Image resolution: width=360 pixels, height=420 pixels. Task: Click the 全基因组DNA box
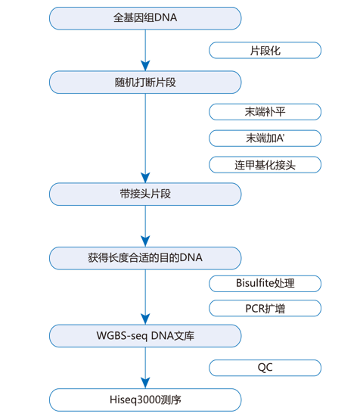pos(145,18)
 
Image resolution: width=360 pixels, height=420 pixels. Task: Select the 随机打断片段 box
pos(145,82)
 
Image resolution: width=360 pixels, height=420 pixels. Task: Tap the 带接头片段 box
pos(145,194)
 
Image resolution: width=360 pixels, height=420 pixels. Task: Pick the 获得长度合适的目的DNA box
pos(145,258)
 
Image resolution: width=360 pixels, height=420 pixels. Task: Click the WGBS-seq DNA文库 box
pos(145,336)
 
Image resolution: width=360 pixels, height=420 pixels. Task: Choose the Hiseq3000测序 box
pos(145,400)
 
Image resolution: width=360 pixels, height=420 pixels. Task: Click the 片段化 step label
pos(265,51)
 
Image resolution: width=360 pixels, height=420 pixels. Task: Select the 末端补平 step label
pos(265,112)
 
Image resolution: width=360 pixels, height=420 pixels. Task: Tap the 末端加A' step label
pos(265,138)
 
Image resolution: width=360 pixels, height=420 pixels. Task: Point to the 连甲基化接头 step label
pos(265,165)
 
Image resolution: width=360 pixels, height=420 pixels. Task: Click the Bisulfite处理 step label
pos(265,283)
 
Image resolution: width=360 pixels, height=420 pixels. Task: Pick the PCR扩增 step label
pos(265,308)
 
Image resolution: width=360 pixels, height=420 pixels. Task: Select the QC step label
pos(265,368)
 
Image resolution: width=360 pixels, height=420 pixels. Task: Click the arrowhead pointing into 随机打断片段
pos(145,66)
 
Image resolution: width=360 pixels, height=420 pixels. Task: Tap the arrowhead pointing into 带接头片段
pos(145,178)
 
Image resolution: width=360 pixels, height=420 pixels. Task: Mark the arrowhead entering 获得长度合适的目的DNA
pos(145,241)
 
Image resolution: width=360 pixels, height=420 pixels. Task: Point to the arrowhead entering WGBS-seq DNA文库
pos(145,319)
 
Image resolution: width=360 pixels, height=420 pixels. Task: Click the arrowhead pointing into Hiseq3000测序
pos(145,384)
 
